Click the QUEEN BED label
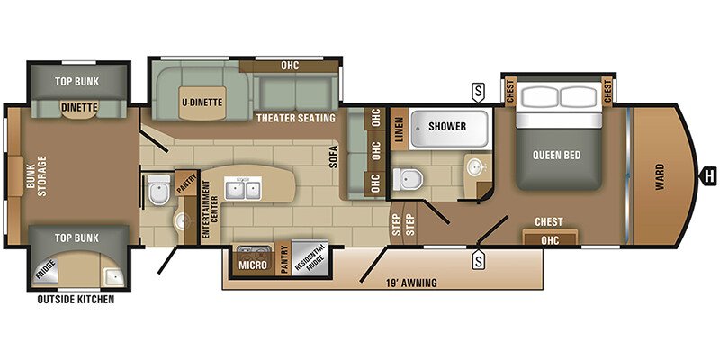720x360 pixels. point(556,155)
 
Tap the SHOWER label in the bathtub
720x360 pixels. point(447,126)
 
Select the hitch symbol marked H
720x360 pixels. point(708,175)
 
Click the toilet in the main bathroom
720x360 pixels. point(408,179)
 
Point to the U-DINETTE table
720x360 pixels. point(202,103)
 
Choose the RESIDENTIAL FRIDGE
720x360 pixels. point(310,258)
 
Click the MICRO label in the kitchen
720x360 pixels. point(253,265)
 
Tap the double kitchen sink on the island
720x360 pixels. point(243,188)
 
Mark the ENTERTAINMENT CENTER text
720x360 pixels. point(205,210)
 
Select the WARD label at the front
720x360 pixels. point(660,176)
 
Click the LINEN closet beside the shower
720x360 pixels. point(399,129)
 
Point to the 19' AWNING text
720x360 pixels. point(411,283)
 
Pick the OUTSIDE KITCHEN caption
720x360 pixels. point(76,300)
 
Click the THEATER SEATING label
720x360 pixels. point(296,118)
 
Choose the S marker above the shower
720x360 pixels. point(478,93)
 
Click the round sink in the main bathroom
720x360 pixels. point(475,167)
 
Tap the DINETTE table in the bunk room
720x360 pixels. point(79,109)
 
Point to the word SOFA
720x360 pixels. point(334,157)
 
